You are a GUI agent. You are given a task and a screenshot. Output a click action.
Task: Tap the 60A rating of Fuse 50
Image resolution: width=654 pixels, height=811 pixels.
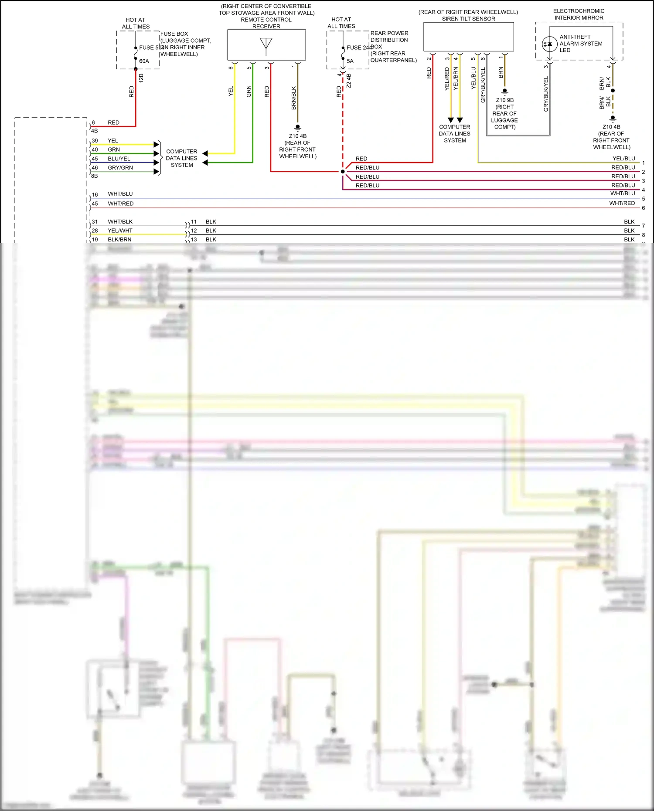point(144,61)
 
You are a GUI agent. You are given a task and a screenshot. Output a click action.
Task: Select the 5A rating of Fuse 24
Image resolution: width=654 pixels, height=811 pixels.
point(350,61)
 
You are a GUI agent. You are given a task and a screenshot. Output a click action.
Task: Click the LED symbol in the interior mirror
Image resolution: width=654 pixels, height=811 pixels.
point(549,44)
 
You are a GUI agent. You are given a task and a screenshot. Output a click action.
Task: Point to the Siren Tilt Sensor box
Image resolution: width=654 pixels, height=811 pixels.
point(469,37)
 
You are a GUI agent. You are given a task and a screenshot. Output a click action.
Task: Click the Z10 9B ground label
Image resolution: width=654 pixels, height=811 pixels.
point(505,100)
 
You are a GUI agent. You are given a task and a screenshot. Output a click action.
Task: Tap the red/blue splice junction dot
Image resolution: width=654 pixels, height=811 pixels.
point(343,172)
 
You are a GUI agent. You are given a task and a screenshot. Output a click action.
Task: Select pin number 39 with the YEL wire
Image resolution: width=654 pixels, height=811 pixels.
point(95,141)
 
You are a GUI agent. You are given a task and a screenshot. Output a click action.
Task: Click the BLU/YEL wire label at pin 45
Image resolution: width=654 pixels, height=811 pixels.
point(119,159)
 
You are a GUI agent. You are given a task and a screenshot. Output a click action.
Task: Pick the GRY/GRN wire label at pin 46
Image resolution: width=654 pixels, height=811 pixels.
point(120,168)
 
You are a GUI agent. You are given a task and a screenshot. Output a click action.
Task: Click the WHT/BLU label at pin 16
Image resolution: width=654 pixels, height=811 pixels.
point(120,194)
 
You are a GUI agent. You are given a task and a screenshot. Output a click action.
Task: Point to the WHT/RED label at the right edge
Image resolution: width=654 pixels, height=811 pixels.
point(622,204)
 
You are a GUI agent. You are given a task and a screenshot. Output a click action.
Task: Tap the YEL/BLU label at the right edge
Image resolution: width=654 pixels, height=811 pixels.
point(623,159)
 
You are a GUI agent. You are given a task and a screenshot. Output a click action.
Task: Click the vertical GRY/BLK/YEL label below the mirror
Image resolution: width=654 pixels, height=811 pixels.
point(546,94)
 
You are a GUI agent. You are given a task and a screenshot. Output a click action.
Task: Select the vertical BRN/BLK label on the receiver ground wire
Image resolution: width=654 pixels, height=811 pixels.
point(293,98)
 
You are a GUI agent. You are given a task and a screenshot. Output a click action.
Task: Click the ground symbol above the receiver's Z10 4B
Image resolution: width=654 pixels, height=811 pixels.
point(298,128)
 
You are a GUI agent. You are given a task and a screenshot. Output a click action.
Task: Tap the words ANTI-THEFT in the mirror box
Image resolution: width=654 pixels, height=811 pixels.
point(575,37)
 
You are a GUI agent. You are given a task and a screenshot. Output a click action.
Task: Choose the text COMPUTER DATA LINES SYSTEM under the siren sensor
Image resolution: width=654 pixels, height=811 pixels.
point(455,134)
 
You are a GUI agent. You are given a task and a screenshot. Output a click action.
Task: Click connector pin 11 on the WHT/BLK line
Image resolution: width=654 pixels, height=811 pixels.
point(194,222)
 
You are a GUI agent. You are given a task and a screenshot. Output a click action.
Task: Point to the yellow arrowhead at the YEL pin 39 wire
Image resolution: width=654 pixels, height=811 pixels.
point(156,144)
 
